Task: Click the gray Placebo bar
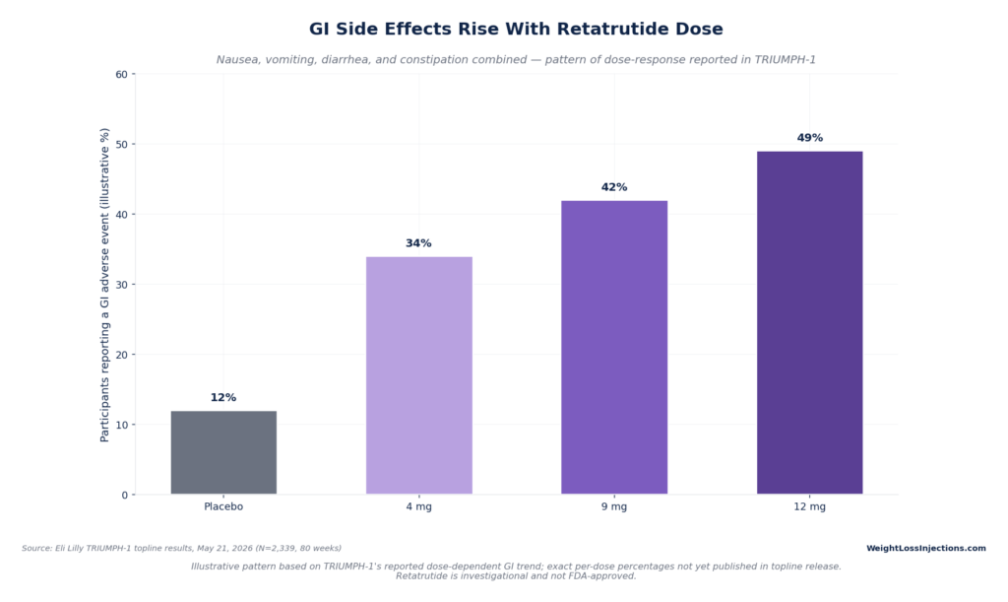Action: click(223, 452)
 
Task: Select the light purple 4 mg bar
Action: click(419, 375)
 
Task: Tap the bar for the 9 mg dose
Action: click(614, 347)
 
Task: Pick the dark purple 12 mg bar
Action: click(809, 323)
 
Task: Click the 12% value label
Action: click(223, 397)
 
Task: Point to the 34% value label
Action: click(418, 243)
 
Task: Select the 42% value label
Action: click(614, 187)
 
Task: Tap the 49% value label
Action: click(810, 138)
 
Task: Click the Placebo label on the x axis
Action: click(223, 506)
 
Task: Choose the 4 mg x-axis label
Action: click(419, 506)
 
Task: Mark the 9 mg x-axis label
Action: click(614, 506)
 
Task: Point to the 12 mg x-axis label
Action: click(809, 506)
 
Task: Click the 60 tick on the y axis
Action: click(121, 75)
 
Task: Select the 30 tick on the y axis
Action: click(121, 285)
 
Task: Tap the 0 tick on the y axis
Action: click(125, 496)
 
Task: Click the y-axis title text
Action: click(104, 285)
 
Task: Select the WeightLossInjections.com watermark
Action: click(925, 549)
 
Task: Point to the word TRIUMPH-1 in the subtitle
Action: click(785, 60)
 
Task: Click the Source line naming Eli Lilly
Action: click(181, 549)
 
